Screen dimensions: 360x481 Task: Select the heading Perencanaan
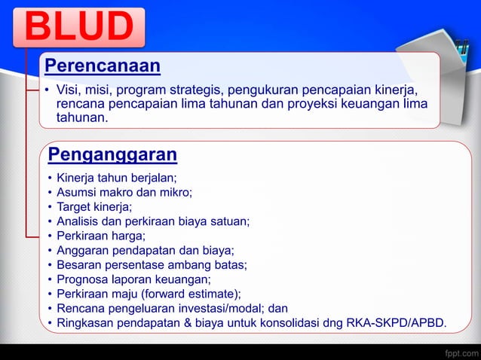103,66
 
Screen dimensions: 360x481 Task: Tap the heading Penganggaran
112,155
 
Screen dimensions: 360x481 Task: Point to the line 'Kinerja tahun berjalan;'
117,178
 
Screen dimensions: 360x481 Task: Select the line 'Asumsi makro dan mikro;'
124,193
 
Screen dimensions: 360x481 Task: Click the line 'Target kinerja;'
94,207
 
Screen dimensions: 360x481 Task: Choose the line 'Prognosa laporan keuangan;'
133,279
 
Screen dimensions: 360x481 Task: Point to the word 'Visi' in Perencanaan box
69,91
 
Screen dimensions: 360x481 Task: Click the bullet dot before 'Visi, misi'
47,92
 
